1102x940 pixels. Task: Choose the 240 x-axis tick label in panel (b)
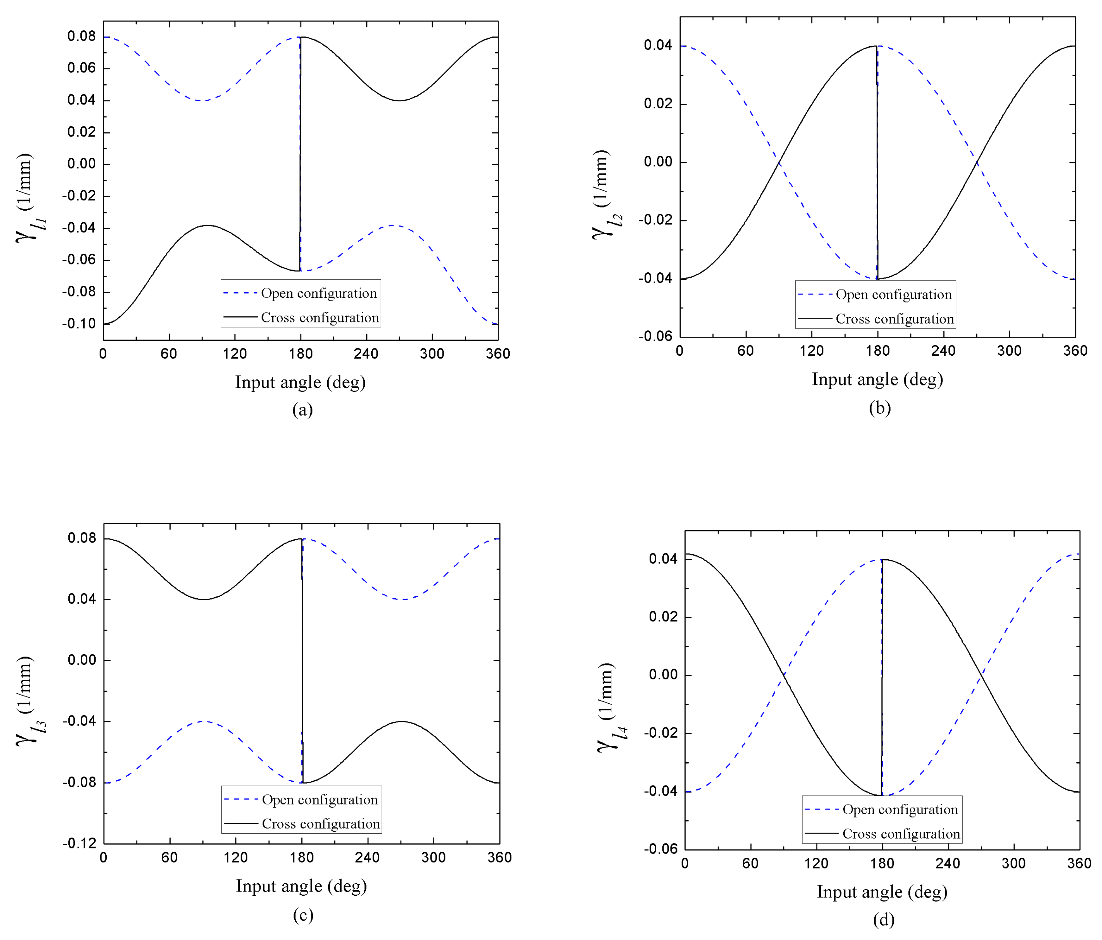pyautogui.click(x=943, y=351)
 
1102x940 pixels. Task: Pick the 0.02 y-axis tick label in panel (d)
pyautogui.click(x=663, y=617)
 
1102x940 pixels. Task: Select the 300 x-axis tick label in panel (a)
pyautogui.click(x=432, y=354)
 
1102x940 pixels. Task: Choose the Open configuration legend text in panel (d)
pyautogui.click(x=900, y=809)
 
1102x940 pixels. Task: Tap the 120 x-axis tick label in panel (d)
pyautogui.click(x=816, y=863)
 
